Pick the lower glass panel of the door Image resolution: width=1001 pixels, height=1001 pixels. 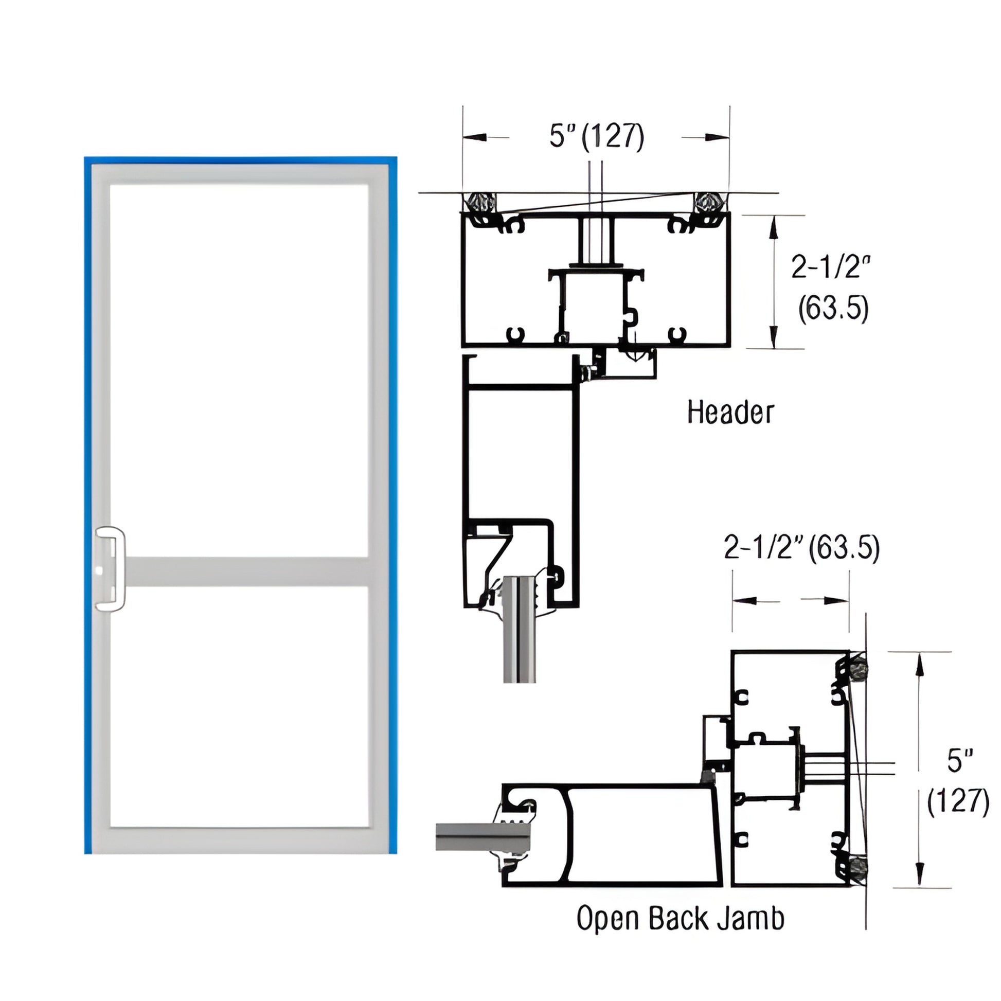(239, 706)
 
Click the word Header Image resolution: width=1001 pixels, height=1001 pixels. (730, 413)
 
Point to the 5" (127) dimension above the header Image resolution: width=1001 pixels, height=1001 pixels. (596, 137)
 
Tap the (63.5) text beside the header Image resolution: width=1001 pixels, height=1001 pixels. (833, 309)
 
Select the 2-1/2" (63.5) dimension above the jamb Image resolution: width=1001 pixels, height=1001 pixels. (801, 549)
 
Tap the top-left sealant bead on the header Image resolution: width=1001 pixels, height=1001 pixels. (480, 202)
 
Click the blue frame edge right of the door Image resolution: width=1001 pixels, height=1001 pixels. (392, 503)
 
